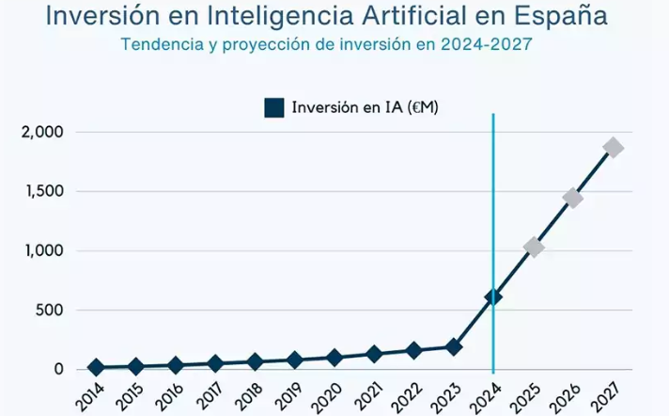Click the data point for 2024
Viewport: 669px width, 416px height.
click(x=493, y=296)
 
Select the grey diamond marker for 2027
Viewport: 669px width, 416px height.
click(x=614, y=148)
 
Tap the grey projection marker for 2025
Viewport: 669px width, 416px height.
click(x=534, y=248)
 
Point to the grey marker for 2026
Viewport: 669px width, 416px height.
click(x=573, y=198)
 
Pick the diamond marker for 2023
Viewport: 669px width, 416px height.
click(x=454, y=346)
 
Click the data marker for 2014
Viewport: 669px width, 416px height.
click(x=96, y=367)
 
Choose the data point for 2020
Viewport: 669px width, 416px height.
click(x=334, y=358)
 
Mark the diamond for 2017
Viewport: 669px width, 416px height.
click(x=215, y=363)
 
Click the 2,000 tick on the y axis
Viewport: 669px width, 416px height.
click(x=41, y=132)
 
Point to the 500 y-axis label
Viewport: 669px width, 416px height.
click(x=48, y=311)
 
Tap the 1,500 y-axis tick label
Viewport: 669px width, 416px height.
click(x=41, y=192)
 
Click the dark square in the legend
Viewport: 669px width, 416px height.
click(x=274, y=107)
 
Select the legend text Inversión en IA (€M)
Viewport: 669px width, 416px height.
click(x=366, y=107)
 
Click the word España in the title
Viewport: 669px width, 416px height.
click(x=564, y=17)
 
